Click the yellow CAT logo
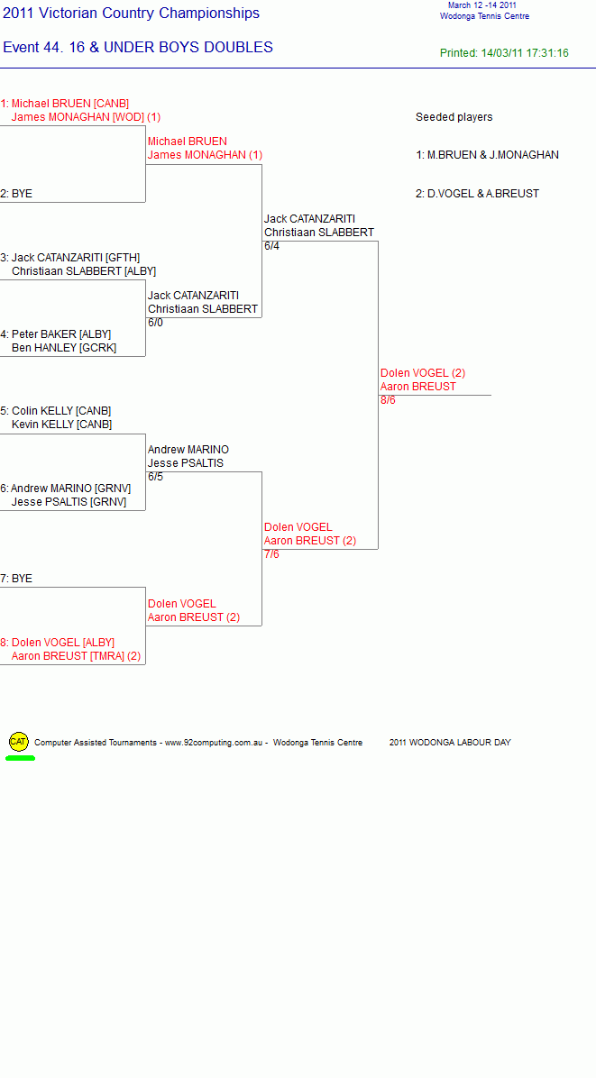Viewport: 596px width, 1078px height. [18, 742]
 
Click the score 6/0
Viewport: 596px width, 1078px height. [155, 323]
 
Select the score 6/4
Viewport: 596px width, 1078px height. [271, 246]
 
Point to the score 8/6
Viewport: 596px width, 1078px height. [388, 400]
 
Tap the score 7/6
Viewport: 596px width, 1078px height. [271, 554]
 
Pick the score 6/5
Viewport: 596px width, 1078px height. [155, 477]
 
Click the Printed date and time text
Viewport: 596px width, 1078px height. [505, 53]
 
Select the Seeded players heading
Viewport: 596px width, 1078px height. [454, 117]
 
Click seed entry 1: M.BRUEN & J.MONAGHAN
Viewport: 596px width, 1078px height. [487, 155]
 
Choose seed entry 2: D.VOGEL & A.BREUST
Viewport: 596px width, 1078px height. [477, 194]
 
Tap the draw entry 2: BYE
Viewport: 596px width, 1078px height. [16, 194]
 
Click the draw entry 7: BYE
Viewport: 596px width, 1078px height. [16, 579]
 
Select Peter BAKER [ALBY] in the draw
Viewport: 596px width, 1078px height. [61, 334]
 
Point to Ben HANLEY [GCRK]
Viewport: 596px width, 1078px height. [64, 348]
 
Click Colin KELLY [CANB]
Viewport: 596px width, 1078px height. [61, 411]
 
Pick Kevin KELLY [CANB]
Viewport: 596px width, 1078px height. [62, 425]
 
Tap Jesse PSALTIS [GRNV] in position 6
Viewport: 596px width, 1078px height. [69, 502]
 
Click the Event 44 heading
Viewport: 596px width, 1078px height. [138, 48]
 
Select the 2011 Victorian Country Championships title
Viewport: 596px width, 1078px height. [132, 13]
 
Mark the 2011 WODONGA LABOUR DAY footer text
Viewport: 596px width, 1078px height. [450, 743]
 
